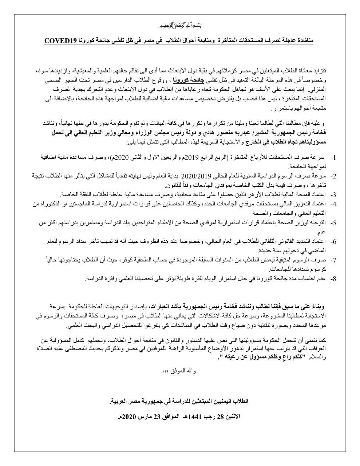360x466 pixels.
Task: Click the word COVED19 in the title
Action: click(60, 40)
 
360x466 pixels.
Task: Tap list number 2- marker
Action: click(332, 176)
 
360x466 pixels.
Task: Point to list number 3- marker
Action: click(332, 194)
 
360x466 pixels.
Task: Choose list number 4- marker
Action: click(332, 203)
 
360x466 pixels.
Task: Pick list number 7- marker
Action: click(332, 260)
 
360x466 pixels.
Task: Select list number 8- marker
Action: click(332, 279)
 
